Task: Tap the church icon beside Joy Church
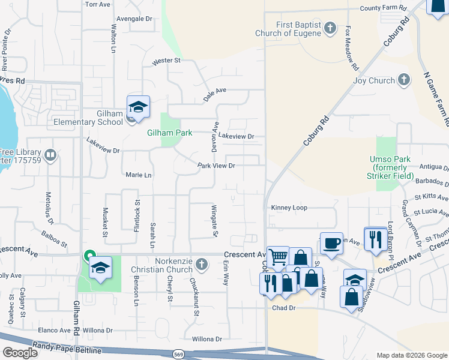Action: [404, 80]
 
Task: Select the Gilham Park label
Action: [170, 133]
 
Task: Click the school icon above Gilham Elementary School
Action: [138, 107]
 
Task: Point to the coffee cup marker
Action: [331, 242]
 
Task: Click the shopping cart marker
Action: [278, 257]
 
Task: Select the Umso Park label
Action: [394, 167]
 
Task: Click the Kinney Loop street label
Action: [289, 208]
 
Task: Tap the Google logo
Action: [20, 353]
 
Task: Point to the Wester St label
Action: [166, 61]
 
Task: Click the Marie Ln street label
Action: [139, 175]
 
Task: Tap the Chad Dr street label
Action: [284, 308]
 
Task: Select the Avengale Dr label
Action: [135, 19]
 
